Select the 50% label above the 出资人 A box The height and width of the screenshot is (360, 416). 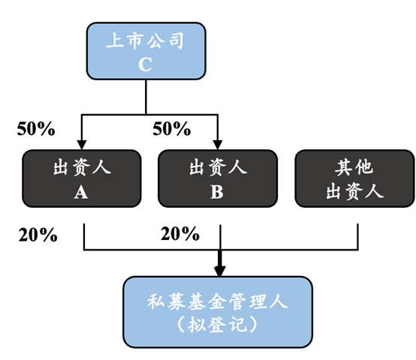point(36,129)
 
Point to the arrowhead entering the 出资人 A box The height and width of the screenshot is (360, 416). point(82,144)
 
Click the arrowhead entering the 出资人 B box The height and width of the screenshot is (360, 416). point(218,144)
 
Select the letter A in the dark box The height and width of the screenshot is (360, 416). point(82,192)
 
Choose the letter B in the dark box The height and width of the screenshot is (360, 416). point(217,192)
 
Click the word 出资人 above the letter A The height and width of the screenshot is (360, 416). point(82,166)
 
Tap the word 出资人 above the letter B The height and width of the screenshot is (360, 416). point(217,166)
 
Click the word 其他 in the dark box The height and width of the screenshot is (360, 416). point(354,166)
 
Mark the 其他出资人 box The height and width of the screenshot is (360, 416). point(354,178)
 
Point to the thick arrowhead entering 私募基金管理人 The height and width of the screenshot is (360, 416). point(219,269)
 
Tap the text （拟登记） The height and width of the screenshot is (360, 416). point(218,327)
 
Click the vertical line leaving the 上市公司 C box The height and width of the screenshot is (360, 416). point(145,97)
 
